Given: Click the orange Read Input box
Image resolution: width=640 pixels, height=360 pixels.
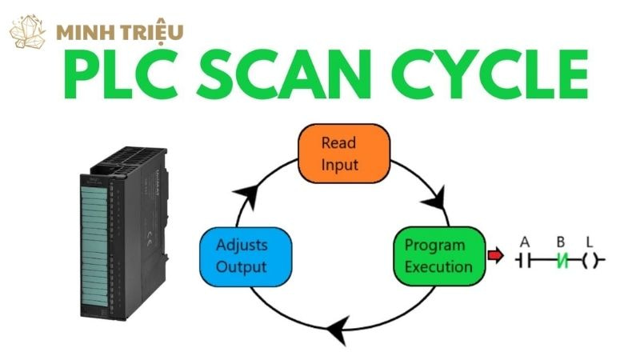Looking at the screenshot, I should (x=344, y=154).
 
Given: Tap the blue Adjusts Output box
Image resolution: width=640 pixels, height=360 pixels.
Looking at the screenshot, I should (x=242, y=255).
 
